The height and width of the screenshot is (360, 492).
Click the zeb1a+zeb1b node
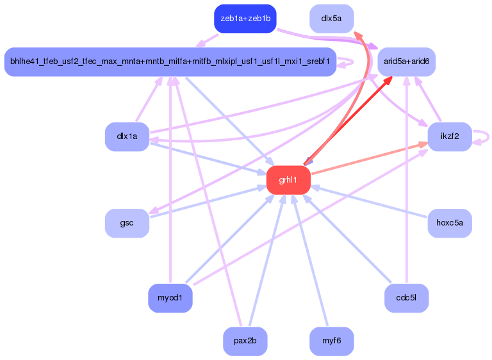pyautogui.click(x=245, y=19)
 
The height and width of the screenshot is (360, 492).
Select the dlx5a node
pyautogui.click(x=331, y=19)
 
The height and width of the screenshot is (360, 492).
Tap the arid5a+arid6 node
pyautogui.click(x=406, y=61)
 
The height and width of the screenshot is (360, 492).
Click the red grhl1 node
pyautogui.click(x=288, y=180)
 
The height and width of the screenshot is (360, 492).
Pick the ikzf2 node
pyautogui.click(x=450, y=136)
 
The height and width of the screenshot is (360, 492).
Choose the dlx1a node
pyautogui.click(x=127, y=136)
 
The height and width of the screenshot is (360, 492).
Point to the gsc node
pyautogui.click(x=127, y=223)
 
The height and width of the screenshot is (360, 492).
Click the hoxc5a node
pyautogui.click(x=450, y=223)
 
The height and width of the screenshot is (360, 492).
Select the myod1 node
pyautogui.click(x=170, y=298)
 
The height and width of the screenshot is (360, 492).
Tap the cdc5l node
pyautogui.click(x=406, y=298)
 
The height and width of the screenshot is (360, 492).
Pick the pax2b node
pyautogui.click(x=245, y=341)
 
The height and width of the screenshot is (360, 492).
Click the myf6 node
pyautogui.click(x=331, y=341)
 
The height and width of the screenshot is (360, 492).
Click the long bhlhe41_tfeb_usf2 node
pyautogui.click(x=170, y=61)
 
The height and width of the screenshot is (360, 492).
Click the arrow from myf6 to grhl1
pyautogui.click(x=309, y=260)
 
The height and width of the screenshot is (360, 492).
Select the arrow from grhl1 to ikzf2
pyautogui.click(x=370, y=158)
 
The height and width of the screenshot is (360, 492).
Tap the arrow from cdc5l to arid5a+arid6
pyautogui.click(x=407, y=179)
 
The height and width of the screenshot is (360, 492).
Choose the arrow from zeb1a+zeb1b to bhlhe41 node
pyautogui.click(x=207, y=41)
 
